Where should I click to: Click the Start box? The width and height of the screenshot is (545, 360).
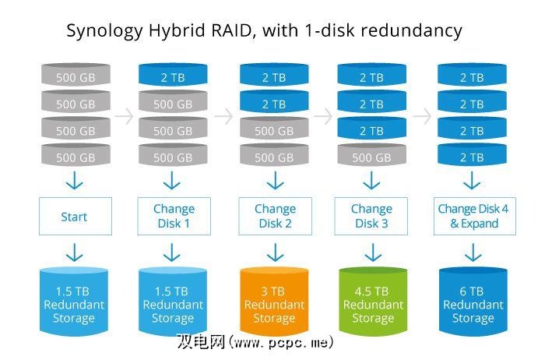[74, 216]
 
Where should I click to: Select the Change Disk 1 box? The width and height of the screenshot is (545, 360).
[172, 216]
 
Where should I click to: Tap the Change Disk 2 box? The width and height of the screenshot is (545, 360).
[274, 216]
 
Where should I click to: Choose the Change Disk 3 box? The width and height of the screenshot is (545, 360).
[371, 216]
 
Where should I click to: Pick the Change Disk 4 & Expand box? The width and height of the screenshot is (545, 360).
[473, 216]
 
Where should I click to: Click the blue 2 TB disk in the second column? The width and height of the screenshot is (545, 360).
[172, 77]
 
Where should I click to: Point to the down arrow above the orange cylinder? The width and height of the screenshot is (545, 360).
[274, 252]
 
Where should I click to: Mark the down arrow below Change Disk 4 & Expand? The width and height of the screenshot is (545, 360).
[472, 252]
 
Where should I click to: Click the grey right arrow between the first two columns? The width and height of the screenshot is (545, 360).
[123, 116]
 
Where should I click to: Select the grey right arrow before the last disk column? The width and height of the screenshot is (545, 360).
[422, 116]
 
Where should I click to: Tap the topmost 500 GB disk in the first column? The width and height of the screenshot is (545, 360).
[75, 77]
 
